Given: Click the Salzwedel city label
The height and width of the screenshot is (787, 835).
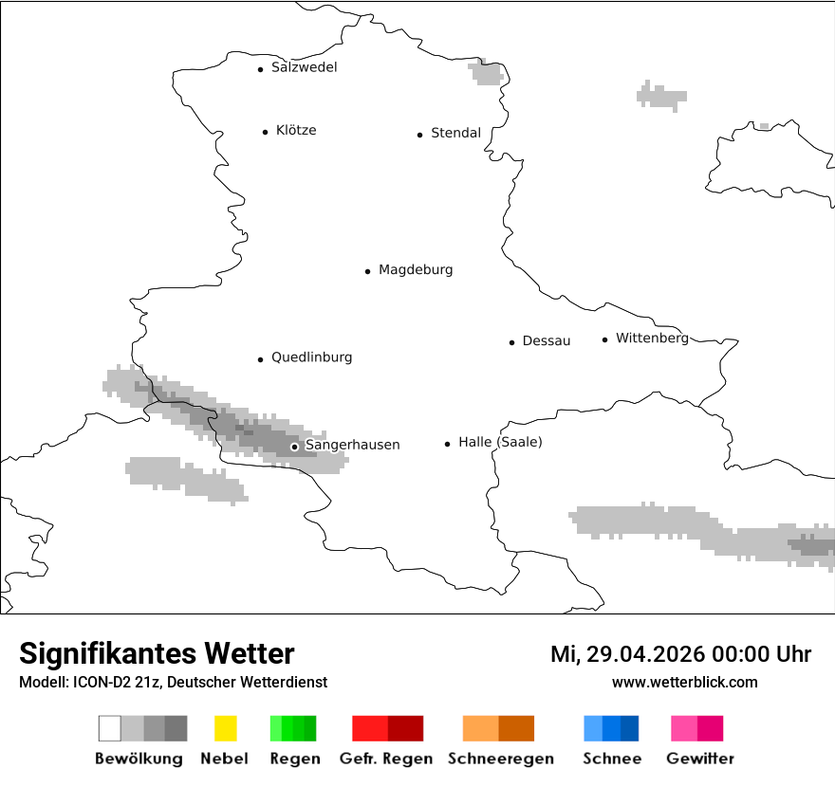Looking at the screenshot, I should (304, 67).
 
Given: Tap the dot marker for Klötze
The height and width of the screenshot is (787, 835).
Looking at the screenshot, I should (265, 132).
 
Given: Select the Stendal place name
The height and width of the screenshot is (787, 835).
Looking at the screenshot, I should (455, 134).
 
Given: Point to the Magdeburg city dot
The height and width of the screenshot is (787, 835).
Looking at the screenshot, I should (367, 271).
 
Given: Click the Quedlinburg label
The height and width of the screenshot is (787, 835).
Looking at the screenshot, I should (311, 357).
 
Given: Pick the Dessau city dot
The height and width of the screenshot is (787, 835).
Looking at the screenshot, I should (511, 342).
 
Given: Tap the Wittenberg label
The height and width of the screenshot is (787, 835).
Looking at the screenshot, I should (652, 339).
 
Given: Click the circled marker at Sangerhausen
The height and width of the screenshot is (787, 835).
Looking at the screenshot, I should (294, 447).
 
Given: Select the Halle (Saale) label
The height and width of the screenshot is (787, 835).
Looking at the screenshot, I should (500, 443).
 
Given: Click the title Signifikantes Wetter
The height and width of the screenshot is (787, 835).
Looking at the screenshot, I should (157, 653).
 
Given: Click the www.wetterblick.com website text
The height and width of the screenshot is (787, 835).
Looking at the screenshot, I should (684, 683).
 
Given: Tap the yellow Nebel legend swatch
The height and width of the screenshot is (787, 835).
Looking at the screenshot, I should (225, 728).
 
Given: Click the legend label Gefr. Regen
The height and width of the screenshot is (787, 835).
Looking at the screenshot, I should (387, 759).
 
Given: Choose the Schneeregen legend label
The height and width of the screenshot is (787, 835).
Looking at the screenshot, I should (500, 759).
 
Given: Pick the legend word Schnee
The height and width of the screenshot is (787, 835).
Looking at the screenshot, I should (611, 759).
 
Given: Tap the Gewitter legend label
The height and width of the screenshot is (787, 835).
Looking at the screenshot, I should (699, 759).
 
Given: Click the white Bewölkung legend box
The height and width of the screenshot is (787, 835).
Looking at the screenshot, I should (109, 728).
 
